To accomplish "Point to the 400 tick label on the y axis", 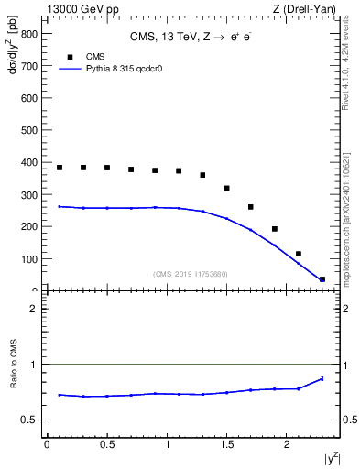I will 28,163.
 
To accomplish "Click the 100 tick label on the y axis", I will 28,259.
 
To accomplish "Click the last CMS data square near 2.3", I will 322,279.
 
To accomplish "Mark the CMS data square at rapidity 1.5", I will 226,189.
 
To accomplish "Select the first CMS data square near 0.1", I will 60,168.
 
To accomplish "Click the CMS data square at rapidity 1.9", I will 274,229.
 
